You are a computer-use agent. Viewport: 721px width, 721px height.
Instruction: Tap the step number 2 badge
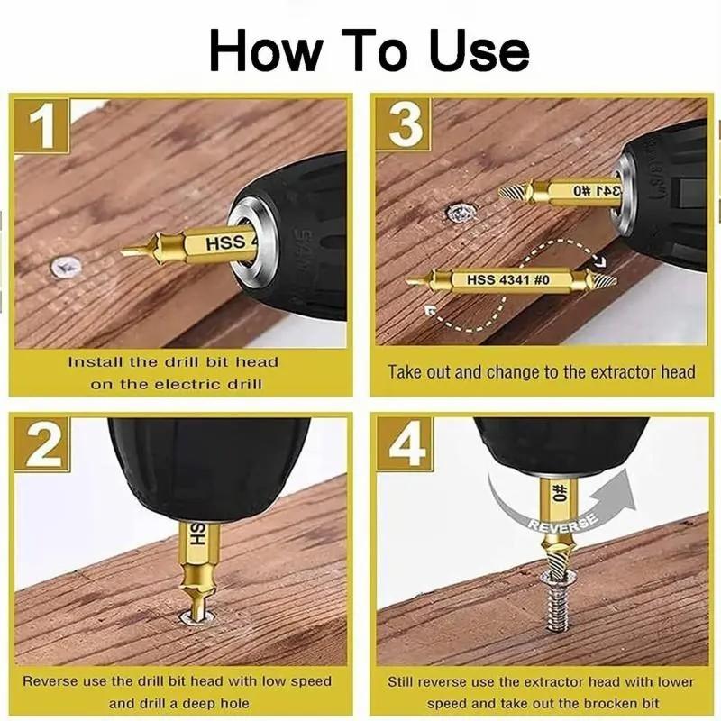(x=43, y=443)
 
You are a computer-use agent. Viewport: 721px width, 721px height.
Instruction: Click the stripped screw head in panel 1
(x=66, y=266)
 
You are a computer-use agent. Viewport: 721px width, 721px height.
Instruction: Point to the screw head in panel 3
(x=461, y=214)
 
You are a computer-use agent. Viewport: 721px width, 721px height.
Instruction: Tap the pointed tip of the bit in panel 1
(x=128, y=252)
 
